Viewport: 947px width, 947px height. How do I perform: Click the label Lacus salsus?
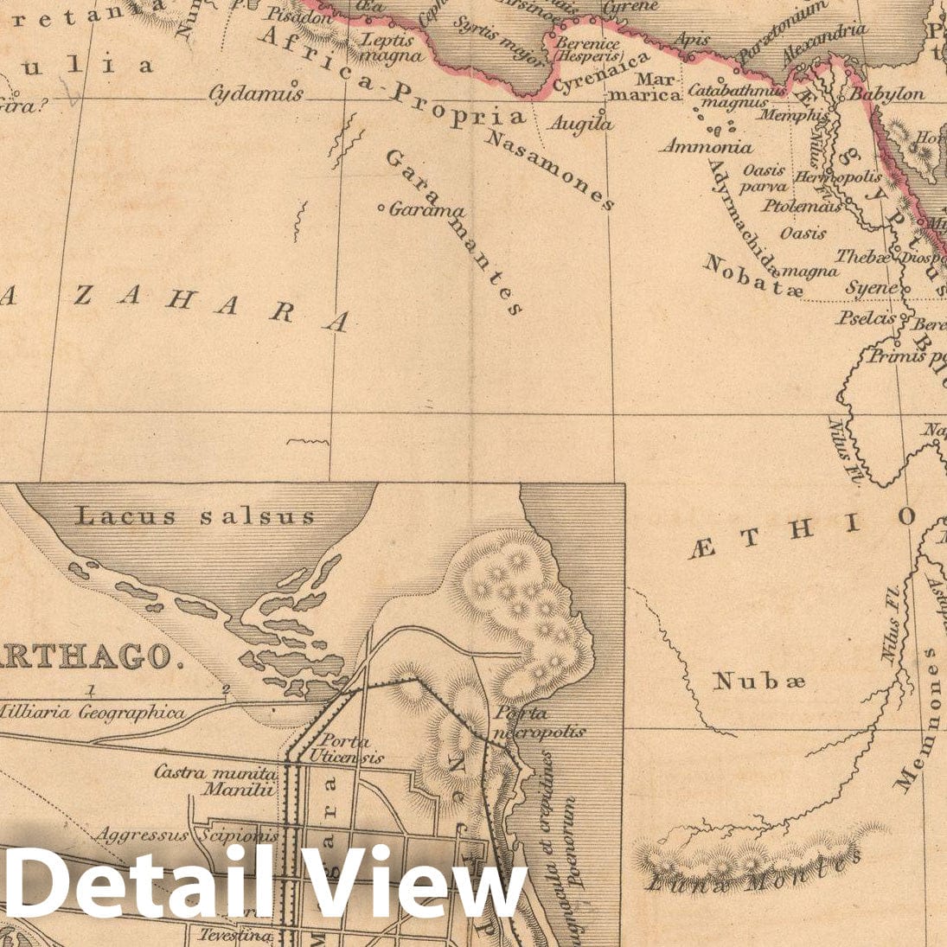(196, 517)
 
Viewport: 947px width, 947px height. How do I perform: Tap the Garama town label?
(426, 209)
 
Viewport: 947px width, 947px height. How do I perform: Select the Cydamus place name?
(257, 93)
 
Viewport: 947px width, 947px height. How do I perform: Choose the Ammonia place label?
(707, 147)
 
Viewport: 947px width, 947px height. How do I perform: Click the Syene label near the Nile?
(871, 287)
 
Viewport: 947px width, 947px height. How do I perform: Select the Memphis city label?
(790, 114)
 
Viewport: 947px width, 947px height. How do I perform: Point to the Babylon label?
(886, 93)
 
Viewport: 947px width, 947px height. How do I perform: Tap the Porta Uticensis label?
(344, 749)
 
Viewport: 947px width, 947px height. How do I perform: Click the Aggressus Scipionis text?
(187, 835)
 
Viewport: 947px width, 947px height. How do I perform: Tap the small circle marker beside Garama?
(381, 208)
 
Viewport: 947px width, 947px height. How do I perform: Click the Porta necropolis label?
(538, 722)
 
